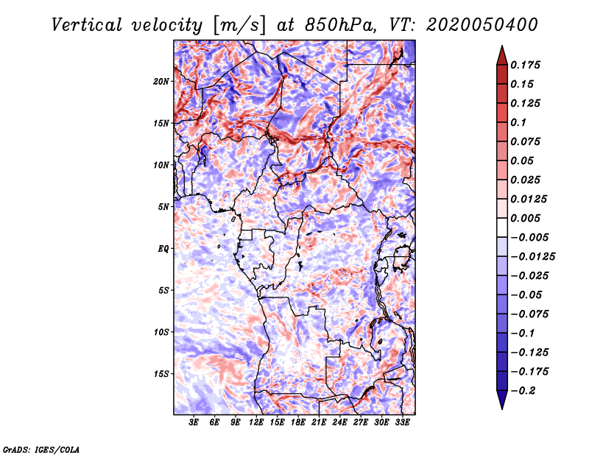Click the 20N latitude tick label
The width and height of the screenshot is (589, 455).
pyautogui.click(x=161, y=82)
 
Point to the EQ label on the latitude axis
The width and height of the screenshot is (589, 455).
pyautogui.click(x=163, y=249)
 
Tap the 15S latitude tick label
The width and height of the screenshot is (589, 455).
pyautogui.click(x=161, y=374)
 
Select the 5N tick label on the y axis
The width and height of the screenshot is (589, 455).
pyautogui.click(x=163, y=207)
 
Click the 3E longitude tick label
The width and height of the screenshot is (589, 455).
pyautogui.click(x=194, y=423)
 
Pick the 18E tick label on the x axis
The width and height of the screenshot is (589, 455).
pyautogui.click(x=298, y=423)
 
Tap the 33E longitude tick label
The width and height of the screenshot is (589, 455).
pyautogui.click(x=402, y=423)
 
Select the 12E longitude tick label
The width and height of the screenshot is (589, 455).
pyautogui.click(x=256, y=423)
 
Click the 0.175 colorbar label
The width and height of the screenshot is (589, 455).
pyautogui.click(x=525, y=65)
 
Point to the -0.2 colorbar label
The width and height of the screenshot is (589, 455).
pyautogui.click(x=523, y=391)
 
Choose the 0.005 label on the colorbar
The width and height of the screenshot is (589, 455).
pyautogui.click(x=525, y=218)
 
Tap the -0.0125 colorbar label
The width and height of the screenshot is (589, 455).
pyautogui.click(x=532, y=257)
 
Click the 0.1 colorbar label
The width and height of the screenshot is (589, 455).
pyautogui.click(x=518, y=122)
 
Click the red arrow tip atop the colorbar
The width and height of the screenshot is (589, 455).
pyautogui.click(x=502, y=46)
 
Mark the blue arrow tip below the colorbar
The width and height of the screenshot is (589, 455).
pyautogui.click(x=502, y=409)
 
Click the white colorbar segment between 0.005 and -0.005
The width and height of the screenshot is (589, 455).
pyautogui.click(x=502, y=227)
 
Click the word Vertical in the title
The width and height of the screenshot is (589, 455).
pyautogui.click(x=87, y=25)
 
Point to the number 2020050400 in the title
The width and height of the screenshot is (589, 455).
pyautogui.click(x=482, y=25)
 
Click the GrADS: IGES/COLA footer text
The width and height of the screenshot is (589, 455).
pyautogui.click(x=41, y=450)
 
